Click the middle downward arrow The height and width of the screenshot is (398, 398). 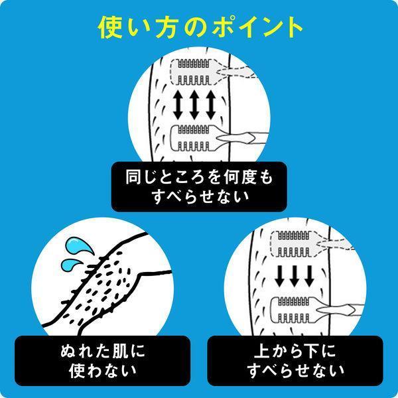point(293,274)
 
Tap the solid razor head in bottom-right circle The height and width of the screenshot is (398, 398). point(293,309)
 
